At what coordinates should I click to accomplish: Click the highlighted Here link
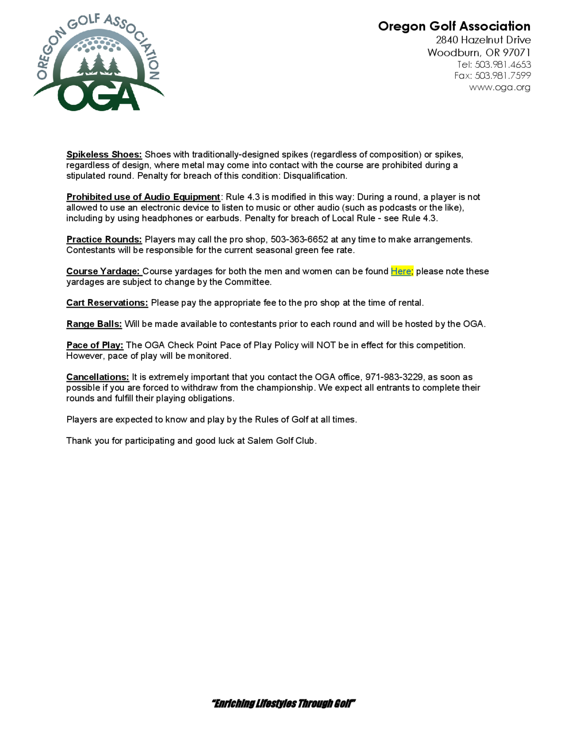401,271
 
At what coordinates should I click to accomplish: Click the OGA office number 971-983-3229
394,377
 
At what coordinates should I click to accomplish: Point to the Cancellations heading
98,377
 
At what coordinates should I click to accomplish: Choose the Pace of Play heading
94,345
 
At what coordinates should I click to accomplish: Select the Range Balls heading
94,324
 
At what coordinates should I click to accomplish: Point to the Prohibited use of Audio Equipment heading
143,197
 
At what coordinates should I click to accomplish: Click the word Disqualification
315,176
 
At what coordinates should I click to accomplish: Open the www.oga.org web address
499,87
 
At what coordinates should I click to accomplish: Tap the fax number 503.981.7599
503,76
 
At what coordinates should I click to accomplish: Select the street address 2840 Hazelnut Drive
483,40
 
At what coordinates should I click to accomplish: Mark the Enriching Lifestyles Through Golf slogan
283,703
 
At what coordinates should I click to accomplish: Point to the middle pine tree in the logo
98,63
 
